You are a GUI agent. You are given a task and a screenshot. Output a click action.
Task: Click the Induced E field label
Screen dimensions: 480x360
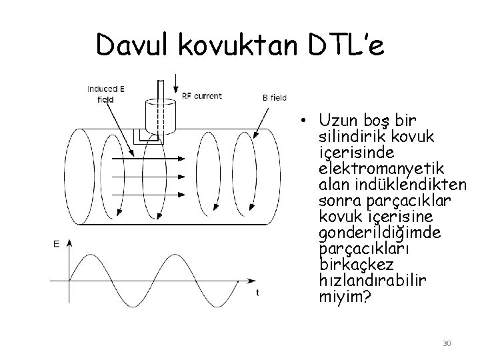(x=105, y=95)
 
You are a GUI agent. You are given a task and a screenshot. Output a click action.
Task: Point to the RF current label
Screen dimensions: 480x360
(x=202, y=96)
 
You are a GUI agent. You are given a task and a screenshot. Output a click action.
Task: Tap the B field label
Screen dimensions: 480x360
(x=275, y=97)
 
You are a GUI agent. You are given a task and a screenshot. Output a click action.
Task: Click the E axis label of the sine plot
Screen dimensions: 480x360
(x=57, y=245)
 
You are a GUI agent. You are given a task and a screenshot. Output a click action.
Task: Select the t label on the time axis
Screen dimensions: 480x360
(x=257, y=293)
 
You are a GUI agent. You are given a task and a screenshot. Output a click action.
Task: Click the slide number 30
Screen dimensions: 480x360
(x=447, y=343)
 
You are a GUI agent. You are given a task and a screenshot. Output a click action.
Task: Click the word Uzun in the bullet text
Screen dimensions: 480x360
(x=338, y=121)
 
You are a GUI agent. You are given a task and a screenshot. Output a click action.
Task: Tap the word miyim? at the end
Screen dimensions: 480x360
(x=344, y=295)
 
